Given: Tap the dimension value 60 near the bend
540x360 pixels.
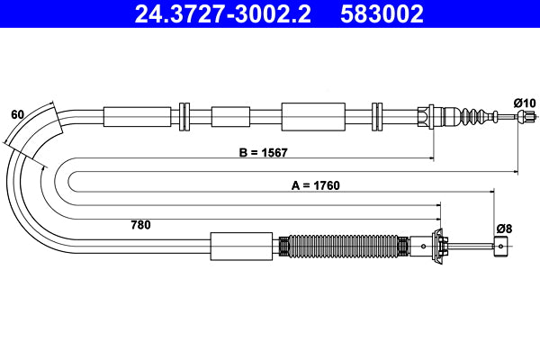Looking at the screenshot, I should click(16, 114).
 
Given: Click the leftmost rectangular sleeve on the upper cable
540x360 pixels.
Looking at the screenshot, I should click(137, 116).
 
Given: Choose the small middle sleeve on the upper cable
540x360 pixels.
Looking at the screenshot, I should click(229, 116).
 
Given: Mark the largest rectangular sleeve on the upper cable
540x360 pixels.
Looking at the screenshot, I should click(313, 116).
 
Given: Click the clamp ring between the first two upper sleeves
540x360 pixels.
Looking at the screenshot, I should click(185, 116).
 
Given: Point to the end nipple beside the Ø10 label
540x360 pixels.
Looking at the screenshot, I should click(531, 117).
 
